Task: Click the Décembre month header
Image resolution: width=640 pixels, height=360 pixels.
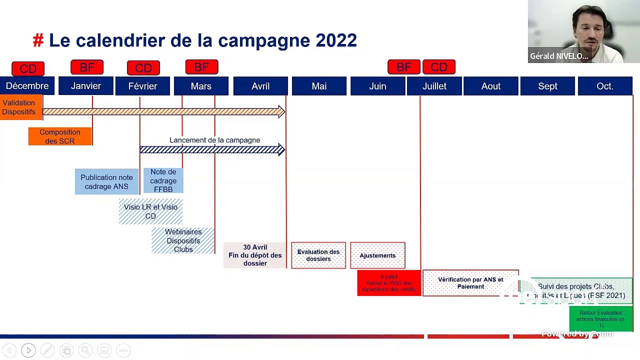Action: [x=27, y=86]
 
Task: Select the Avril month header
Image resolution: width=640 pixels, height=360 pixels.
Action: [x=260, y=86]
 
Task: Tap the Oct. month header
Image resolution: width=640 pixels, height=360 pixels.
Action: [x=604, y=86]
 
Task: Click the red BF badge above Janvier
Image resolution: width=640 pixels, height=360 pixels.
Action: [x=87, y=67]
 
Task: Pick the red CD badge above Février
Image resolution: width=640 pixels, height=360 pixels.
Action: [x=143, y=68]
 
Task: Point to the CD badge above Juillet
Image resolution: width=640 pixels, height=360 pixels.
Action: [x=439, y=67]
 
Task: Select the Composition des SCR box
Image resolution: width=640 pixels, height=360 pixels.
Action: [x=60, y=136]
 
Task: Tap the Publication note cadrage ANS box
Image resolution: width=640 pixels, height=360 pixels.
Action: [x=106, y=182]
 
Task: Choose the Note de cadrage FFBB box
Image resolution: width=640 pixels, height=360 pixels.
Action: [x=163, y=180]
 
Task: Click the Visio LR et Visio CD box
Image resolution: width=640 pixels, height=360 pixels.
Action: [x=150, y=211]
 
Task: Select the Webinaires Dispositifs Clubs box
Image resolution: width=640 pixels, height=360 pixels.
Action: [x=183, y=240]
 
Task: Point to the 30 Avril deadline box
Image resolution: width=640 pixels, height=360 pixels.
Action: [x=254, y=255]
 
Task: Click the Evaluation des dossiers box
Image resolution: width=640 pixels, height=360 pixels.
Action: [x=318, y=255]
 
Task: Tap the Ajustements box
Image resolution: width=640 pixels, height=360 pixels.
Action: [x=377, y=255]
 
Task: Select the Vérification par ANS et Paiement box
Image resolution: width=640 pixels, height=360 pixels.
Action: [x=470, y=283]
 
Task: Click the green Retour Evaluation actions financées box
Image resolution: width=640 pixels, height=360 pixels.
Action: [x=601, y=319]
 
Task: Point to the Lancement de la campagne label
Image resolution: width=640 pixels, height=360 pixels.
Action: [x=214, y=140]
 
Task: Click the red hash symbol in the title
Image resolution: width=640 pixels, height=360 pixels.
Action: [x=38, y=40]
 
